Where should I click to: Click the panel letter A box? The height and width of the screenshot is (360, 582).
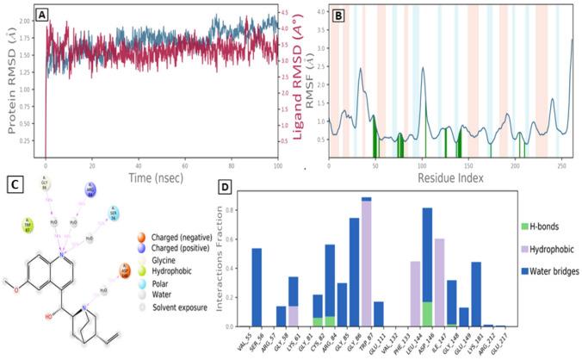(x=53, y=11)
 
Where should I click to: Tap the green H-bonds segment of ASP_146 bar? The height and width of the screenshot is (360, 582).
(x=427, y=314)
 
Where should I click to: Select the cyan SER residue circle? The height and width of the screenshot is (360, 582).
(x=113, y=213)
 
